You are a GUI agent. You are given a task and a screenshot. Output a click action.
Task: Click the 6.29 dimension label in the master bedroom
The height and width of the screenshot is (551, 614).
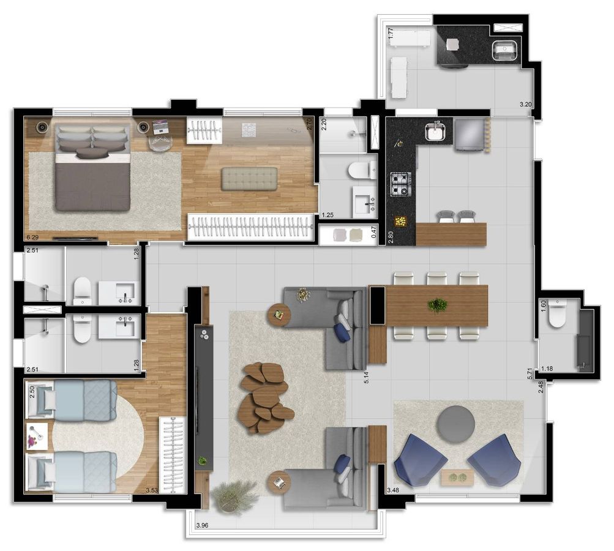(x=32, y=238)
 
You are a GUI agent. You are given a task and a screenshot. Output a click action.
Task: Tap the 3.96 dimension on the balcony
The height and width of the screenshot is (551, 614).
(x=202, y=525)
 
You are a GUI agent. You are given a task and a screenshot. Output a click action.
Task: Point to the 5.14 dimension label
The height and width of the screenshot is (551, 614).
(x=366, y=376)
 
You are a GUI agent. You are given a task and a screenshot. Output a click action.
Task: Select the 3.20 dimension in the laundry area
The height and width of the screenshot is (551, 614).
(x=525, y=104)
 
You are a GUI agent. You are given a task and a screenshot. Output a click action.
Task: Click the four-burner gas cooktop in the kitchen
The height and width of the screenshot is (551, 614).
(x=400, y=184)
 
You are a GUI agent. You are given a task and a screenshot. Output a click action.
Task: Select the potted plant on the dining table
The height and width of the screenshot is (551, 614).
(x=438, y=305)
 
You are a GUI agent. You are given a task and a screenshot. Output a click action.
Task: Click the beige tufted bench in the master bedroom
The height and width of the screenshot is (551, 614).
(x=249, y=179)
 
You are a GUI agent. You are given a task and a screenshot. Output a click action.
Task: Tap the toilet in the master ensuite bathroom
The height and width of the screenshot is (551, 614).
(x=360, y=171)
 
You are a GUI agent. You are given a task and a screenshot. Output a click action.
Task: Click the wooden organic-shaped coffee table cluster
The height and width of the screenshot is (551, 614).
(x=266, y=398)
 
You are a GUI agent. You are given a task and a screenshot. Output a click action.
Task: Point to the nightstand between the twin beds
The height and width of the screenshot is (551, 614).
(x=37, y=437)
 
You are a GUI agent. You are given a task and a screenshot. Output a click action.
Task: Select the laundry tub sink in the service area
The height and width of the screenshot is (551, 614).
(x=505, y=51)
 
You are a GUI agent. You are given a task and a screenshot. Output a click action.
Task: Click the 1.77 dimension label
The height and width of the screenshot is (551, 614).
(x=391, y=32)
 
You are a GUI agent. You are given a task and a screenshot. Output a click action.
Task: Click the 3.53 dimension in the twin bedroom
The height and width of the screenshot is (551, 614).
(x=152, y=490)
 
